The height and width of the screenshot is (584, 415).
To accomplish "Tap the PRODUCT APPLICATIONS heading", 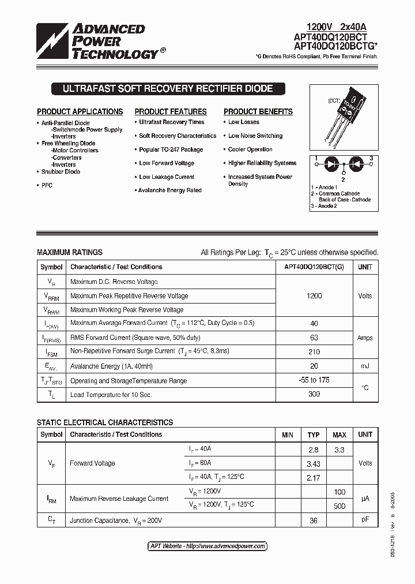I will click(x=80, y=112).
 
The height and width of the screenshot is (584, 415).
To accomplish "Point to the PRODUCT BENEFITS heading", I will click(x=258, y=112).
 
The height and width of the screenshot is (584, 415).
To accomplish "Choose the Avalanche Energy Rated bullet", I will click(x=169, y=190).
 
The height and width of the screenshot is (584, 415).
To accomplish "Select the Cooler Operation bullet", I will click(x=250, y=149).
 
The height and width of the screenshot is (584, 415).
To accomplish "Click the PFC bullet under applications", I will click(x=47, y=185).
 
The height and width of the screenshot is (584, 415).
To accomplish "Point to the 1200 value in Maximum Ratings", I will click(x=314, y=295).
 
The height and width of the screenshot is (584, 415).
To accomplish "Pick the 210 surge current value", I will click(x=314, y=351).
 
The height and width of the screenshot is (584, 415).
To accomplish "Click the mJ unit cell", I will click(x=365, y=366).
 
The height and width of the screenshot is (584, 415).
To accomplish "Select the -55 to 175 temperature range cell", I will click(x=314, y=380).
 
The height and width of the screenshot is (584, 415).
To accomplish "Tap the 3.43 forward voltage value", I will click(x=314, y=464).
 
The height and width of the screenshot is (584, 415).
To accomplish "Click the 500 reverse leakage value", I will click(x=339, y=506).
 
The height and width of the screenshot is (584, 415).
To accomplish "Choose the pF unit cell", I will click(x=365, y=520).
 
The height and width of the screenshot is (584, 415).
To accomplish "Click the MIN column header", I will click(x=287, y=435).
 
